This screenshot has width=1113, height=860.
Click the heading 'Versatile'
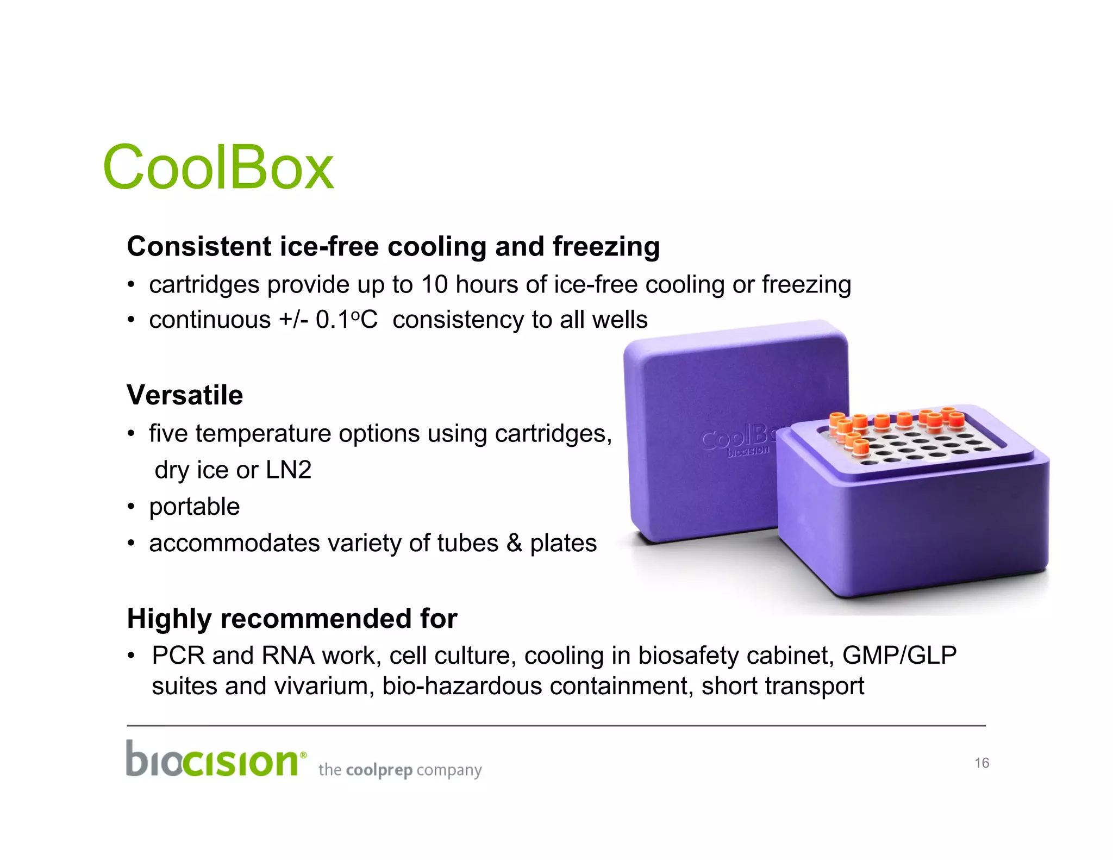(x=185, y=395)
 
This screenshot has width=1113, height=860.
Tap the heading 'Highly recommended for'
(x=292, y=619)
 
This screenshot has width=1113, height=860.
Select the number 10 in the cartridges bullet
(x=434, y=285)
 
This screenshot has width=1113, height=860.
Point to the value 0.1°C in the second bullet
(x=346, y=320)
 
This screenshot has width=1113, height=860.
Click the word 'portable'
(x=195, y=507)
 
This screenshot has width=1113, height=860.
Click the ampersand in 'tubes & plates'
(x=514, y=543)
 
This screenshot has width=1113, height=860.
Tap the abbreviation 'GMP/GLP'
(x=899, y=656)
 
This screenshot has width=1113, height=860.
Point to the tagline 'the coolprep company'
(x=400, y=770)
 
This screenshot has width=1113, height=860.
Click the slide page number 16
(x=981, y=763)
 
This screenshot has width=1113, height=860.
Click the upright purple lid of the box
(x=706, y=391)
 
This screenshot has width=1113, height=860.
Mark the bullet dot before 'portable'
(x=130, y=507)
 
